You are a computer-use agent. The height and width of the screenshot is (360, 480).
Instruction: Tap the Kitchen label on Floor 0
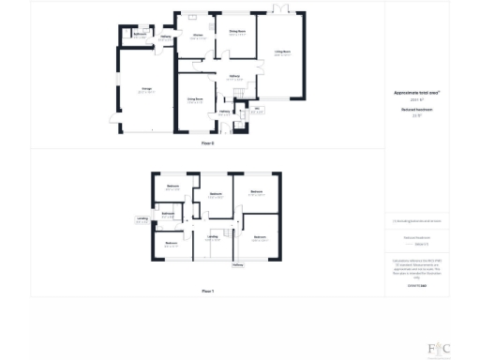click(199, 36)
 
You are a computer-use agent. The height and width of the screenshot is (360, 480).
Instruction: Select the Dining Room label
click(238, 31)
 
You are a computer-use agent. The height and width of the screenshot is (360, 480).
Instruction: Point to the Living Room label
click(282, 52)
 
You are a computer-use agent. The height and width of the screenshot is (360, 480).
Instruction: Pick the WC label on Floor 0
click(243, 109)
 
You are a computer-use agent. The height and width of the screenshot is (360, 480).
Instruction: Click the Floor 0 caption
click(208, 142)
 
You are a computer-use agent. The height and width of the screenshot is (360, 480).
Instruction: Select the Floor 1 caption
click(208, 292)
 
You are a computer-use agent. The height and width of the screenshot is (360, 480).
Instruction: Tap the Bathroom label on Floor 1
click(167, 214)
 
